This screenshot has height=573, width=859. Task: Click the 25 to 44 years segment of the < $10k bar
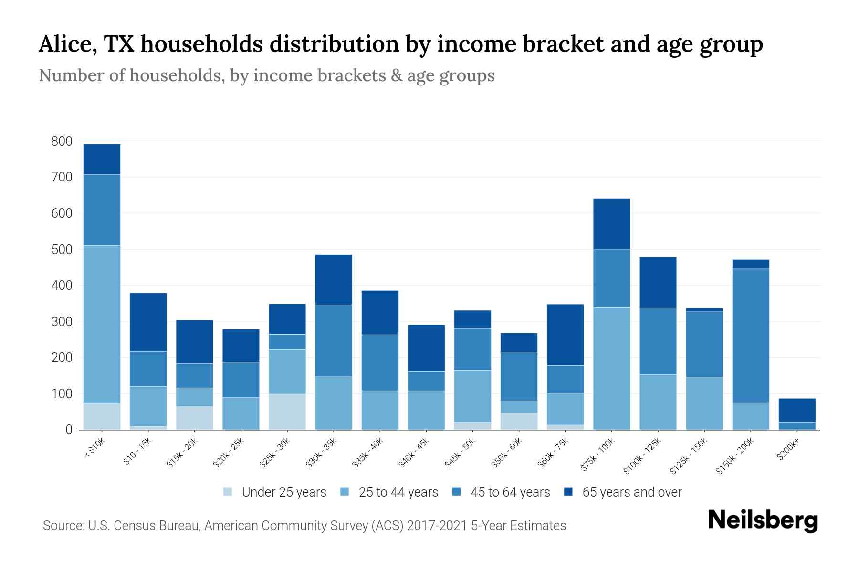[102, 325]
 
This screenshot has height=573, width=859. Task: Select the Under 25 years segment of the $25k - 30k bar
[287, 412]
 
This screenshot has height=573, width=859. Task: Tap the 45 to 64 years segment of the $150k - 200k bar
[751, 336]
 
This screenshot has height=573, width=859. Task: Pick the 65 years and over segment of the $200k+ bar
[797, 410]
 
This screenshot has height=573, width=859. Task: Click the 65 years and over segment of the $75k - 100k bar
[611, 224]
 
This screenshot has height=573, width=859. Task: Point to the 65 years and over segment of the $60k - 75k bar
[565, 335]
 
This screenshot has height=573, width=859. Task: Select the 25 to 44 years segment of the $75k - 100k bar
[611, 368]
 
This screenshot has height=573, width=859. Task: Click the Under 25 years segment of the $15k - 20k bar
[194, 418]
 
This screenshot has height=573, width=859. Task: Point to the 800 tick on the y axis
[62, 141]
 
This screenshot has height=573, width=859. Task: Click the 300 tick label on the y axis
[62, 322]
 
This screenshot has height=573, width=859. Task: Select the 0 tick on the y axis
[69, 430]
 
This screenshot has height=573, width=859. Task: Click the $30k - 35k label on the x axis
[321, 452]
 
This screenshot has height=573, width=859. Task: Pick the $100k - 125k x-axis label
[642, 456]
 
